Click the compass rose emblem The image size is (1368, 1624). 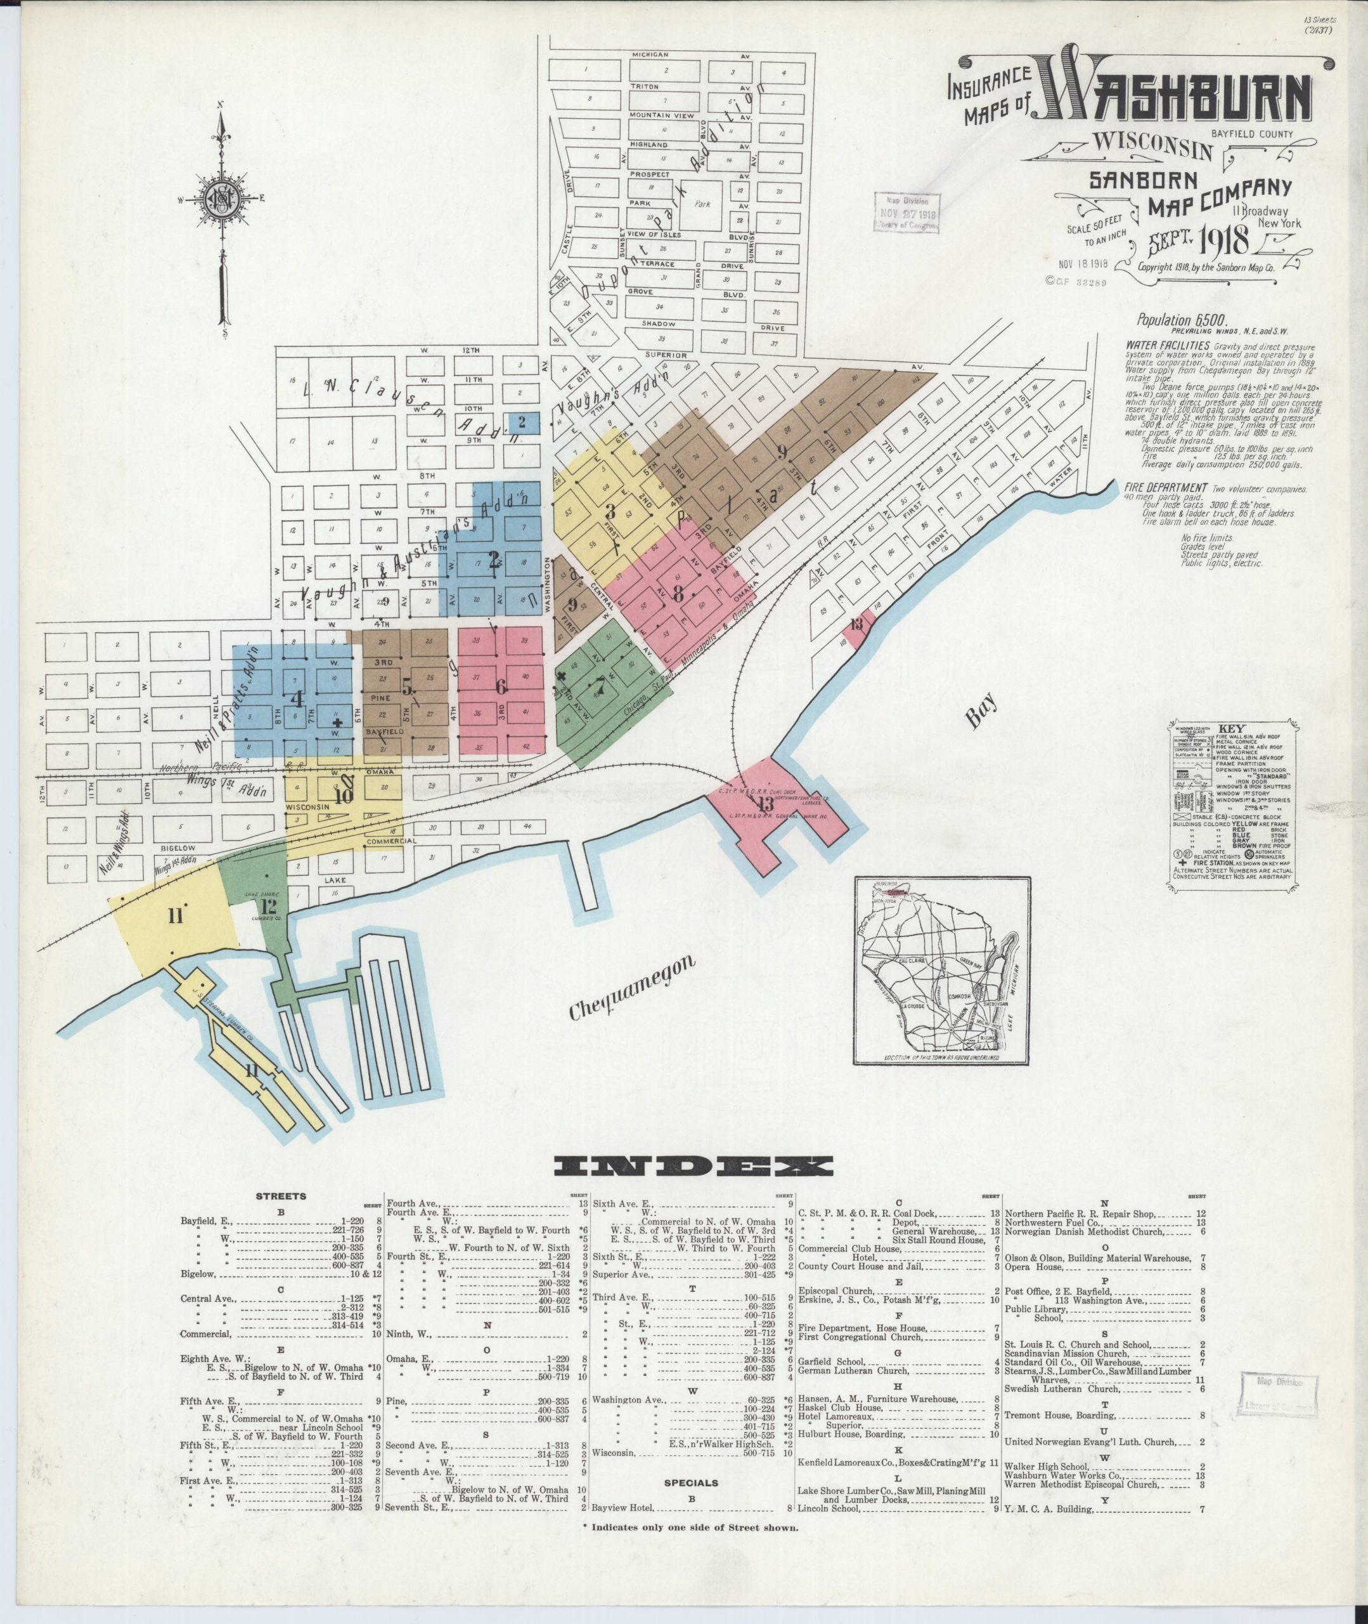point(223,199)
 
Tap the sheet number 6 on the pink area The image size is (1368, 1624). point(501,686)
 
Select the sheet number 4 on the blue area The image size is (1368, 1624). point(295,698)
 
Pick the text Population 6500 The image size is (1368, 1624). point(1171,320)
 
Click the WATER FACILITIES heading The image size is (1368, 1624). point(1167,344)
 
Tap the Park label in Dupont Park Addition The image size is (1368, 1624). point(702,205)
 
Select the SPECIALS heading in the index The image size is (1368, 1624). point(692,1483)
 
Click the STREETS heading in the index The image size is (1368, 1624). point(281,1196)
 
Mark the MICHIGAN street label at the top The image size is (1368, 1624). point(650,56)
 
